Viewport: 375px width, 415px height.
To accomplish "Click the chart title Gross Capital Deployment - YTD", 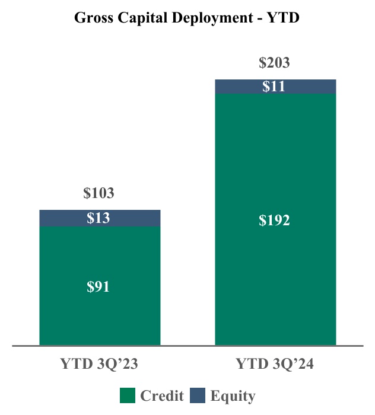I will (187, 18).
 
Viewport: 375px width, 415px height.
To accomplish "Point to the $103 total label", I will (98, 193).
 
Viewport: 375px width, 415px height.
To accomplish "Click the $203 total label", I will (274, 63).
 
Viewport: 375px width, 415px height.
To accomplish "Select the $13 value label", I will (98, 218).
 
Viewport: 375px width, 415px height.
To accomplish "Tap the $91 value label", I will (98, 287).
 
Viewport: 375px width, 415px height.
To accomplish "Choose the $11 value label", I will (274, 87).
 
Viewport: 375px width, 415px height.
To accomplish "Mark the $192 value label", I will (274, 221).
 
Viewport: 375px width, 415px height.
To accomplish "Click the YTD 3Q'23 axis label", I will (100, 364).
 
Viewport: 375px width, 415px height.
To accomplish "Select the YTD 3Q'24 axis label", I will (275, 364).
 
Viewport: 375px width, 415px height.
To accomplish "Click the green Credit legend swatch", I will (128, 395).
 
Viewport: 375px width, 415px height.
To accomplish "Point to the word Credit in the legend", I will (162, 395).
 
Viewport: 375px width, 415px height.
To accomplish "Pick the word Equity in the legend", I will (233, 395).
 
